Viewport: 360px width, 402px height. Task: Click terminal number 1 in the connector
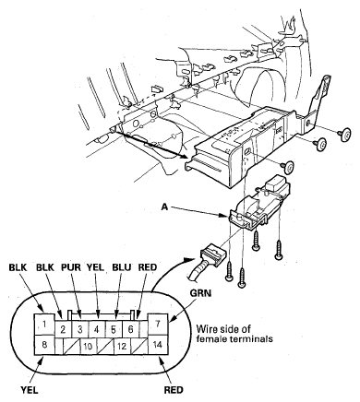(x=43, y=325)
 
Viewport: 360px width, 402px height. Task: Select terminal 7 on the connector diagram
(x=158, y=325)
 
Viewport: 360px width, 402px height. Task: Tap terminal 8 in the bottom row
(x=43, y=345)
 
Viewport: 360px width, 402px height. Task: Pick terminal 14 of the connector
(x=158, y=345)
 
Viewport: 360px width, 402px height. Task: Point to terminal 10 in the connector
(x=89, y=347)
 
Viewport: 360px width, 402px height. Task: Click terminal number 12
(x=122, y=347)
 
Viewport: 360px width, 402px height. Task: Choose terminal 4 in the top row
(x=97, y=330)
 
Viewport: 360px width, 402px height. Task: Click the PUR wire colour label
(x=71, y=267)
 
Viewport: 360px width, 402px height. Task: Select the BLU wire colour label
(x=122, y=267)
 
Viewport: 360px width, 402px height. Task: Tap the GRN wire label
(x=200, y=293)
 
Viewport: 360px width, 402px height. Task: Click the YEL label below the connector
(x=30, y=390)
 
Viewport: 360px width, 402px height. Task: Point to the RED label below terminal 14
(x=174, y=390)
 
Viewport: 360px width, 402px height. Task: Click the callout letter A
(x=165, y=207)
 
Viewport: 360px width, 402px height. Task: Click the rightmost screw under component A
(x=278, y=250)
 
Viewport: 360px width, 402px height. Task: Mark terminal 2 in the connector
(x=63, y=330)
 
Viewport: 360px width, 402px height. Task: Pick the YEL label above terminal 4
(x=95, y=267)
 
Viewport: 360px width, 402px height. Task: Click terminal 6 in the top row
(x=130, y=330)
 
